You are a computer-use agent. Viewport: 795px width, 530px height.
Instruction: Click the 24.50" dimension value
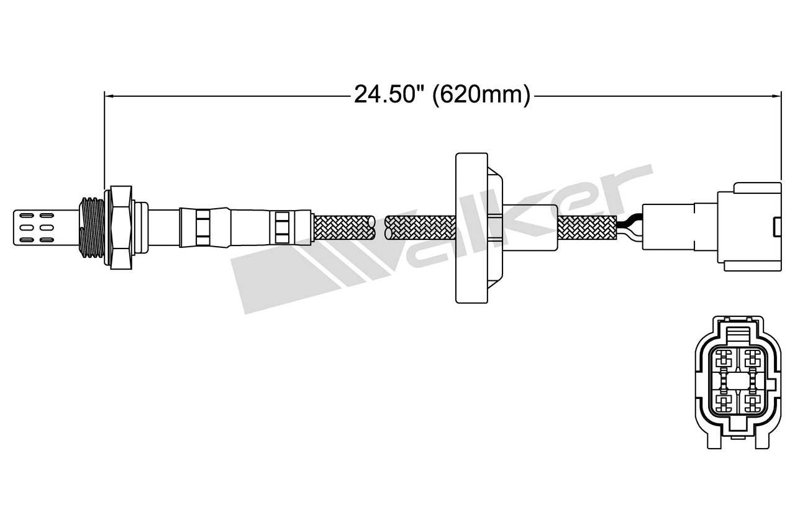(x=389, y=95)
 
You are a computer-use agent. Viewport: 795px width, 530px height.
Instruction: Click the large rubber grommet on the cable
(x=472, y=227)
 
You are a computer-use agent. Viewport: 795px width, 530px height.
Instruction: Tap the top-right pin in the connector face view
(x=753, y=359)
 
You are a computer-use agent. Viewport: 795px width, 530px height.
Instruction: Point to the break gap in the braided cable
(x=380, y=227)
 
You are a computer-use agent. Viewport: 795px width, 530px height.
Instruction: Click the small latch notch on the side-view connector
(x=776, y=227)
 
